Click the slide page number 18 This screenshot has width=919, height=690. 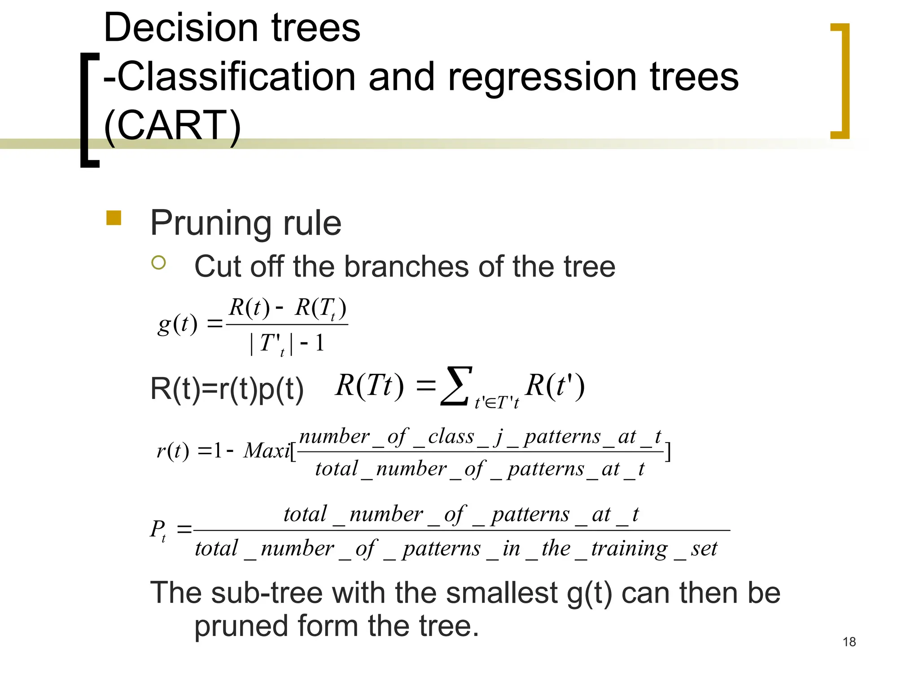pos(849,642)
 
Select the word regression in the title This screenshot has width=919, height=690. pos(542,77)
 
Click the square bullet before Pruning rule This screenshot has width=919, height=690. pos(114,218)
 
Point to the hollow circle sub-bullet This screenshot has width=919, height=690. pos(158,262)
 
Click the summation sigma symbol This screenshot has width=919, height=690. pos(456,386)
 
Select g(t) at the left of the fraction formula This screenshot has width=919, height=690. pos(178,324)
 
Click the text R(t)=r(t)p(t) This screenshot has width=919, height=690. pos(227,389)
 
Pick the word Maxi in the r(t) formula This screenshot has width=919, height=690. pos(267,451)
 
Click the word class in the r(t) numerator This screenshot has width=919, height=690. pos(451,436)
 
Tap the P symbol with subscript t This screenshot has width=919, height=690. pos(158,530)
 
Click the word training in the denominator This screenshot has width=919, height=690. pos(629,548)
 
